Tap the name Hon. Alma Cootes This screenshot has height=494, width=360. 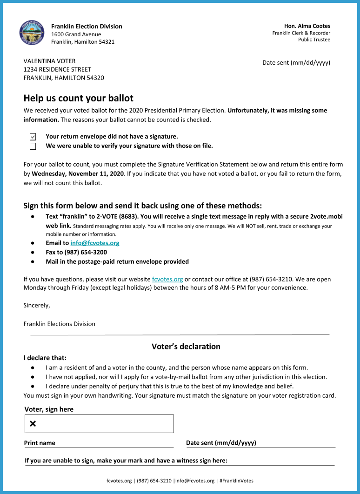coord(307,26)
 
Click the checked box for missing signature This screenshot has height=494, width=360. coord(33,137)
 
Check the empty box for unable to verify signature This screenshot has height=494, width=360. coord(33,146)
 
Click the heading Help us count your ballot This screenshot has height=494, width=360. coord(78,98)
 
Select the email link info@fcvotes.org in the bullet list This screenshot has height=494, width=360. coord(95,243)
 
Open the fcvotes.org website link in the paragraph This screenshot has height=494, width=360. coord(167,279)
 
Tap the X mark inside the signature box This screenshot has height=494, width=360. coord(33,423)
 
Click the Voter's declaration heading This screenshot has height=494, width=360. coord(186,347)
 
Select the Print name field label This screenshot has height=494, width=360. coord(40,443)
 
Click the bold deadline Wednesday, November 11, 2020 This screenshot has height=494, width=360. coord(78,174)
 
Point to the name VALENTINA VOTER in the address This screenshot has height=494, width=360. coord(49,61)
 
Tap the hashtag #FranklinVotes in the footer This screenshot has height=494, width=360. coord(236,481)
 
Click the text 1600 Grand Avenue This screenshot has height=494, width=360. coord(76,34)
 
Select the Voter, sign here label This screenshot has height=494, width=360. coord(49,409)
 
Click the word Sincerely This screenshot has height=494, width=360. coord(36,306)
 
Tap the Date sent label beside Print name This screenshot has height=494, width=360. coord(221,443)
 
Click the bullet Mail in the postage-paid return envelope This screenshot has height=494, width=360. coord(117,261)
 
